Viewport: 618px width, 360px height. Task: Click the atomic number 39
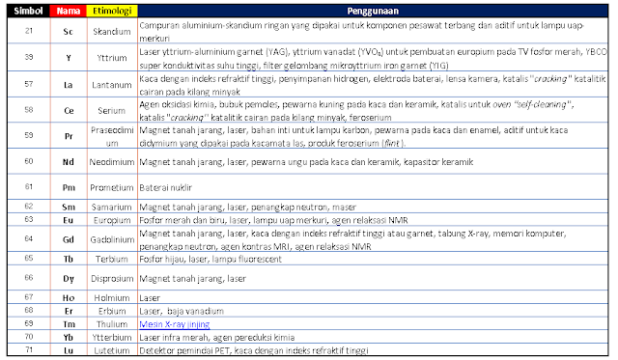[29, 57]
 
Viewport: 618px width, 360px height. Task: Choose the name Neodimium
[111, 161]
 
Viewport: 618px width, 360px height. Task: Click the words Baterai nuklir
[167, 186]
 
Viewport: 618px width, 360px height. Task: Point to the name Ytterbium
[111, 338]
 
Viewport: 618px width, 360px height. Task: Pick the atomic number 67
[29, 298]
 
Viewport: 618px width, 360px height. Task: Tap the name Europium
[111, 219]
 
